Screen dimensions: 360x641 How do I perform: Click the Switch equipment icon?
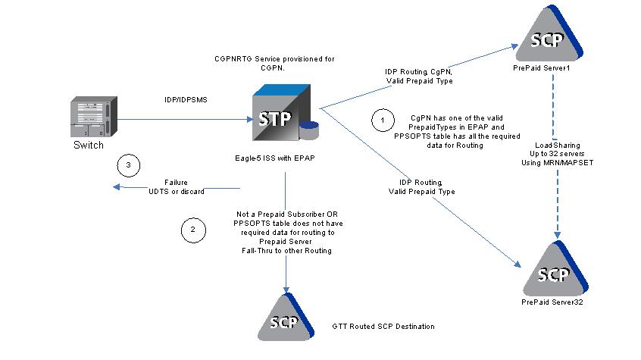coord(95,117)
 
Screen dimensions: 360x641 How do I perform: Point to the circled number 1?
coord(383,119)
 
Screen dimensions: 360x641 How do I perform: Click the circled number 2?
coord(192,228)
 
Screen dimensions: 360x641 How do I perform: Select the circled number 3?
coord(129,164)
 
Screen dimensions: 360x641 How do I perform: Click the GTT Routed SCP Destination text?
coord(383,327)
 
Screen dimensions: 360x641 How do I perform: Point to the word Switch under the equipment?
coord(89,145)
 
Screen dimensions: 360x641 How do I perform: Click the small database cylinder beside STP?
coord(309,130)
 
